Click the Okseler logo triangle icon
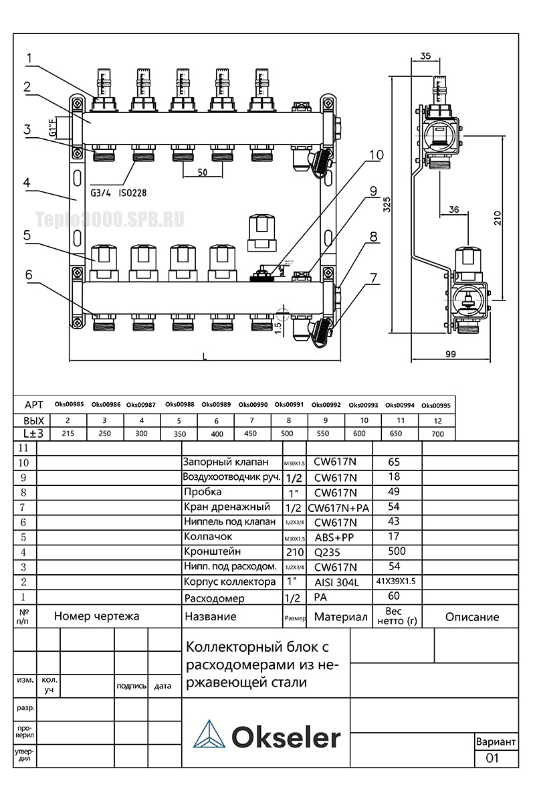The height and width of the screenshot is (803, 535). click(x=209, y=735)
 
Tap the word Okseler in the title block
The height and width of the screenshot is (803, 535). click(x=286, y=737)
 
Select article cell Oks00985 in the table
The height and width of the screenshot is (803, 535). click(x=69, y=405)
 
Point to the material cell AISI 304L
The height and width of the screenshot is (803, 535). click(x=336, y=583)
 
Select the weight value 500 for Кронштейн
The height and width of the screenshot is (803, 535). click(x=398, y=551)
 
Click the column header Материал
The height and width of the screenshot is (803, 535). click(x=340, y=617)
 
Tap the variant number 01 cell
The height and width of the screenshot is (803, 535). click(x=494, y=758)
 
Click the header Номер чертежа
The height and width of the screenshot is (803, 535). click(x=97, y=616)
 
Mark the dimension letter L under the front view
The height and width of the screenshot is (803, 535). click(x=205, y=356)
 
